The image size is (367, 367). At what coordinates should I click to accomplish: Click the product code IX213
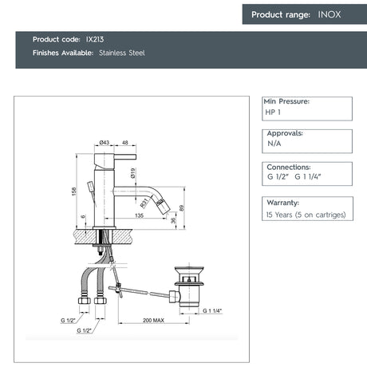tap(95, 39)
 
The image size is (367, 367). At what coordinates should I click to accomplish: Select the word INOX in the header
tap(330, 14)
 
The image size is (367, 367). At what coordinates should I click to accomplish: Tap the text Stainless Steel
tap(122, 53)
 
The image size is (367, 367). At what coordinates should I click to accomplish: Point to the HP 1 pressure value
tap(273, 112)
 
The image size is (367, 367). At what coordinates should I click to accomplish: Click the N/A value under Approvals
tap(274, 144)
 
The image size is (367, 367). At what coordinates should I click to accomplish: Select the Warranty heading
tap(283, 203)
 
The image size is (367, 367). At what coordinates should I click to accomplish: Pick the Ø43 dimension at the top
tap(105, 142)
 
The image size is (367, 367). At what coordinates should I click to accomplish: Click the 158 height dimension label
tap(74, 191)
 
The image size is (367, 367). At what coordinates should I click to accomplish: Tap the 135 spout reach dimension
tap(140, 215)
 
